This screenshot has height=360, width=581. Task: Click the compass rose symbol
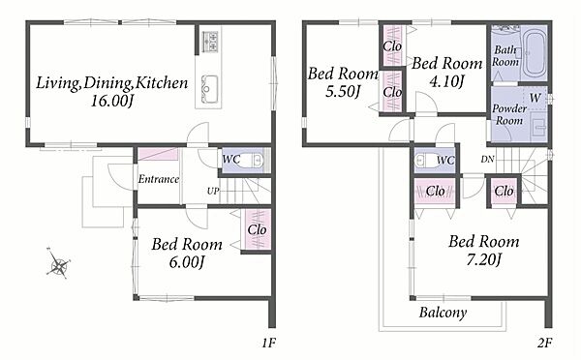58,263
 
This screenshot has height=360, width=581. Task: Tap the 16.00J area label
112,101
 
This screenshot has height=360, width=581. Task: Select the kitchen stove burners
209,41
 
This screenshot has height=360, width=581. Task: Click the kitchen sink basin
209,89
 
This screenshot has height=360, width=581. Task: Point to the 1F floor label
269,343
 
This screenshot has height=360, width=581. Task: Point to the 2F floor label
544,343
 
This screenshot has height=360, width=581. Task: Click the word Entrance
159,179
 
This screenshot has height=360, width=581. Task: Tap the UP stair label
213,191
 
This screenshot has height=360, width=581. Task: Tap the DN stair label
488,160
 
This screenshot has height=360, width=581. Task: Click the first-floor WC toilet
254,161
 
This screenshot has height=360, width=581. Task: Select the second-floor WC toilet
424,161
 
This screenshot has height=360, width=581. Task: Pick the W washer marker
535,98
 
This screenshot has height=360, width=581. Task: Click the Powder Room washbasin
539,127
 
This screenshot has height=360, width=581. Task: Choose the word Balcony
443,313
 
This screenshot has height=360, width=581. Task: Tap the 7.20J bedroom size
483,259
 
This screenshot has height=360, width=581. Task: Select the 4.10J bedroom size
446,80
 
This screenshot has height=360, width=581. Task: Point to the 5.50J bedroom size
343,91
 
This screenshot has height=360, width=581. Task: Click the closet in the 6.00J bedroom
257,229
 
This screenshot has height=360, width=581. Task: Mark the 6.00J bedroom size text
187,262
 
